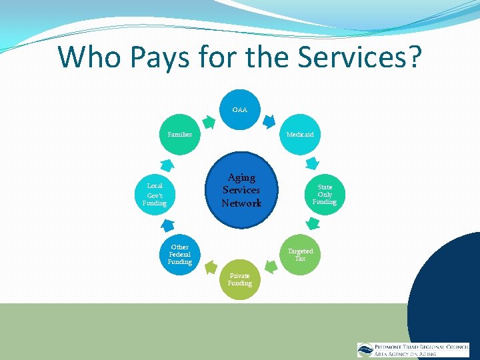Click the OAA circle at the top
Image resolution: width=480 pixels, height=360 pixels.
click(240, 109)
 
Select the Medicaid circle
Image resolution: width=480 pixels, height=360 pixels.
click(300, 134)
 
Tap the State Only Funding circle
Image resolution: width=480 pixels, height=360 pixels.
click(325, 194)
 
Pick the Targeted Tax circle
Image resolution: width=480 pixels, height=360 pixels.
click(300, 254)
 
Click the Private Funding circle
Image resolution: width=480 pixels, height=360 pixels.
click(240, 279)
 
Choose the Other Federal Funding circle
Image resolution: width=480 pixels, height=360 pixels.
click(180, 254)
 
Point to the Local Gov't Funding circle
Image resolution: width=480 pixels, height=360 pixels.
click(155, 194)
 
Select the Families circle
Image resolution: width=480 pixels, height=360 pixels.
click(180, 134)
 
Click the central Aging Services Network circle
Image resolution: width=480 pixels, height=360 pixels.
click(241, 190)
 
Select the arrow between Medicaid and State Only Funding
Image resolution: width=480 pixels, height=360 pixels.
click(311, 163)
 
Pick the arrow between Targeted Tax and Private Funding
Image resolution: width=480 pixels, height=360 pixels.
click(270, 267)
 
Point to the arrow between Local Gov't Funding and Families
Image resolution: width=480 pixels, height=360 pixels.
click(168, 164)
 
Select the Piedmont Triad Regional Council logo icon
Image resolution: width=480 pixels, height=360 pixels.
click(365, 350)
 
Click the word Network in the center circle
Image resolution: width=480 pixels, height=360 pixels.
click(241, 203)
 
